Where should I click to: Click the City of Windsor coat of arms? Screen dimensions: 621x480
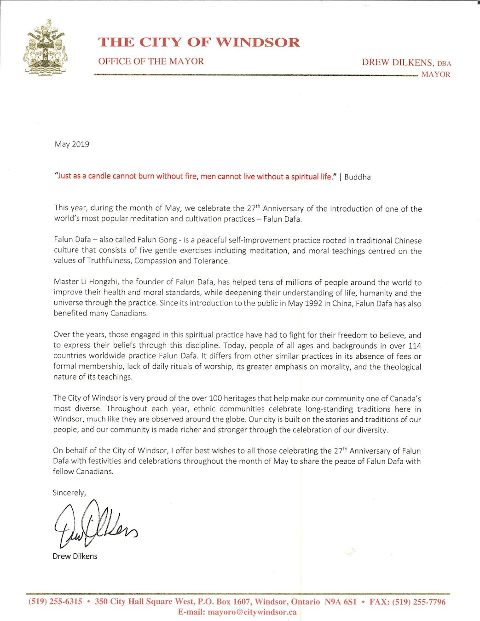click(46, 47)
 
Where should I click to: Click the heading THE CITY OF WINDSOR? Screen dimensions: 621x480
click(199, 42)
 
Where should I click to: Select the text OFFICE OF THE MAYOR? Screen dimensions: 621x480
click(150, 61)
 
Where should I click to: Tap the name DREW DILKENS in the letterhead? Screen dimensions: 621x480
click(397, 63)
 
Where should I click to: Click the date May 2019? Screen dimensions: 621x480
click(72, 144)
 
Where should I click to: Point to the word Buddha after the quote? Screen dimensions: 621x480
click(357, 177)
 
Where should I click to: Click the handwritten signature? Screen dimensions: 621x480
click(94, 524)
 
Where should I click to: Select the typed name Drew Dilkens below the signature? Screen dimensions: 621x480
click(75, 556)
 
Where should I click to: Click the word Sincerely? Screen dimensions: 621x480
click(69, 493)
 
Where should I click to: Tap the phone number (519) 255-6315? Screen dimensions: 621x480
click(55, 602)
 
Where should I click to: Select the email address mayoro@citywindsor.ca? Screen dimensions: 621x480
click(252, 612)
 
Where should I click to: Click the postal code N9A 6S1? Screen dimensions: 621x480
click(341, 602)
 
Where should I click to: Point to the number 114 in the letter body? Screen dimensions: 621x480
click(414, 346)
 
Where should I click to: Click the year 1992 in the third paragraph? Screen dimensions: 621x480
click(313, 304)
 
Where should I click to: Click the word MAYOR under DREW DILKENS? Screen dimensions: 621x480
click(436, 75)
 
